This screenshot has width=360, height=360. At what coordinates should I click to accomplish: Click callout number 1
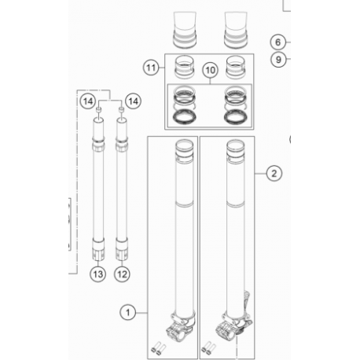tap(127, 312)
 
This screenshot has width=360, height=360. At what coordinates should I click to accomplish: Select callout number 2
tap(274, 173)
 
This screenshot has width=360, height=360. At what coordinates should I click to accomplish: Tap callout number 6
tap(278, 42)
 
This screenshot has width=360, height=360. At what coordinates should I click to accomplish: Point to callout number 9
tap(278, 60)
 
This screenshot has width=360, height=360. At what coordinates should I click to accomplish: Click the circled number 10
tap(211, 70)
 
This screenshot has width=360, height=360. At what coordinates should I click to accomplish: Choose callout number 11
tap(151, 68)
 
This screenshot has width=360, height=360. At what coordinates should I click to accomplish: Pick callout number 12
tap(122, 274)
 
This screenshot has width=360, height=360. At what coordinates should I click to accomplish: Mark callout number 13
tap(98, 274)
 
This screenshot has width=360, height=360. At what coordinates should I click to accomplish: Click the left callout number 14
tap(88, 101)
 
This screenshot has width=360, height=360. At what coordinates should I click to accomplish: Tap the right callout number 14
tap(133, 101)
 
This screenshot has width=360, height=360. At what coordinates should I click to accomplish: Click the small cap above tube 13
tap(98, 109)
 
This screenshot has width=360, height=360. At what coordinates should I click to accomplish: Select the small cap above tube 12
tap(121, 109)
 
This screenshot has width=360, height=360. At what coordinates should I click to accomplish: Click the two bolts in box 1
tap(159, 350)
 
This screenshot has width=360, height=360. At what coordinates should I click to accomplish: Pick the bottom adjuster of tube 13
tap(98, 250)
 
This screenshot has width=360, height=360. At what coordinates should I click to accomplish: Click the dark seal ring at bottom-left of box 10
tap(185, 117)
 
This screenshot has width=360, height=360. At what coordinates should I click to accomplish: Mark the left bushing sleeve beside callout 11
tap(185, 67)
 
